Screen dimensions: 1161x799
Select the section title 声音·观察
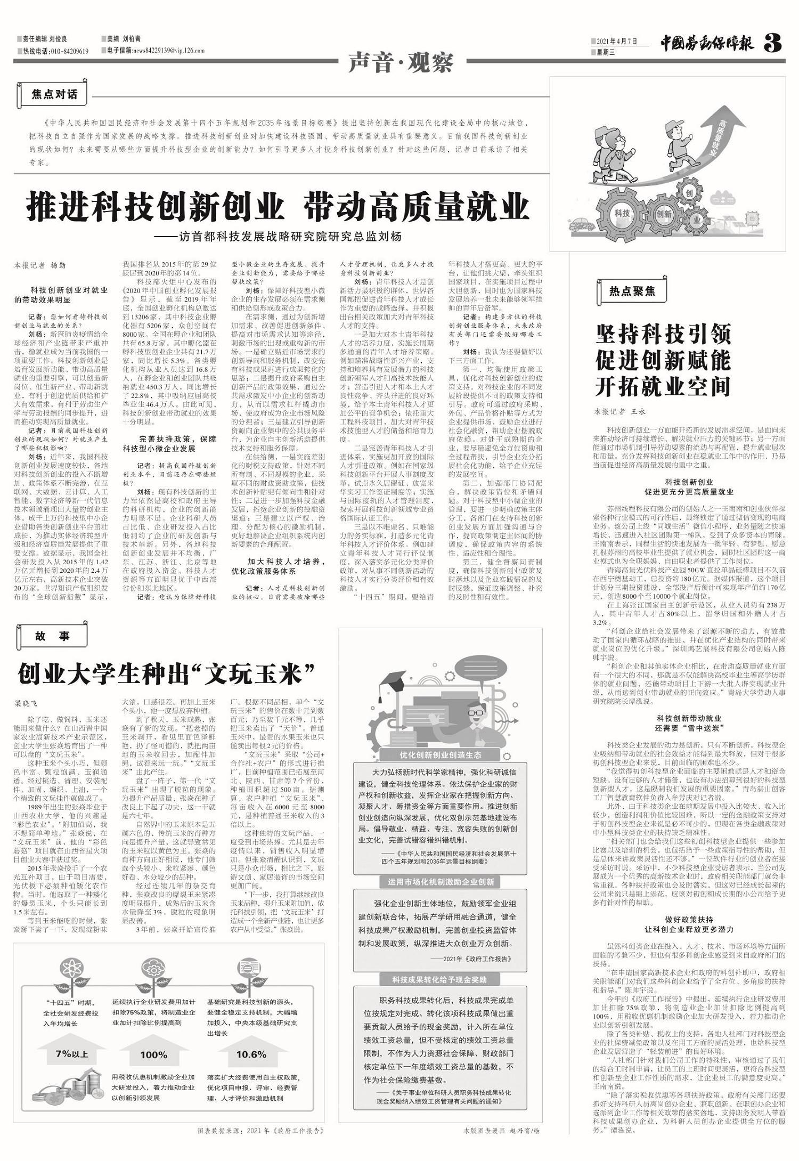click(401, 63)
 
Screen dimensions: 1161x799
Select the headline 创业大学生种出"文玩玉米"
click(166, 674)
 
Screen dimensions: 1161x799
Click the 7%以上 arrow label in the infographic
click(72, 1054)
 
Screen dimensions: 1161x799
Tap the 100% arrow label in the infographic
click(154, 1054)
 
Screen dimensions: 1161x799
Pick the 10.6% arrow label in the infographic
click(251, 1054)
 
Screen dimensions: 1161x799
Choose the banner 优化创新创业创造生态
click(441, 754)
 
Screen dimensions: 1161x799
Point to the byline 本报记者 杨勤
click(40, 265)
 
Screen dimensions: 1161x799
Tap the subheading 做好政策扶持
click(689, 920)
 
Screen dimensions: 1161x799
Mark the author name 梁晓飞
click(27, 703)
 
